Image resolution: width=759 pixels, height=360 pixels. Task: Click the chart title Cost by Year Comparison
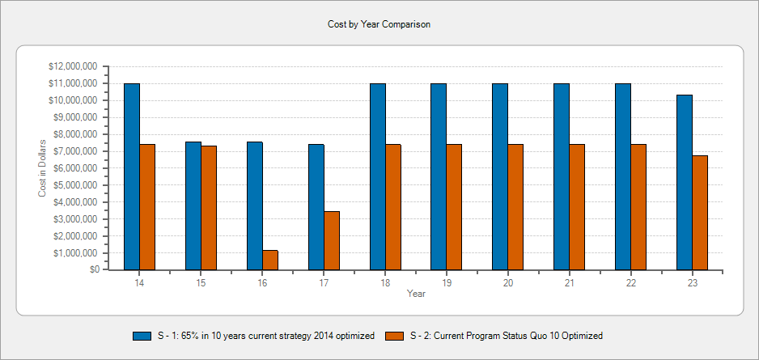point(379,24)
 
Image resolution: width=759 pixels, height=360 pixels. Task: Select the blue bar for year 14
point(132,176)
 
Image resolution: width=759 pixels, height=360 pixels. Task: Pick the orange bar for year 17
point(332,240)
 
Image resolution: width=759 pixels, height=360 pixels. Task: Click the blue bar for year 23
point(685,182)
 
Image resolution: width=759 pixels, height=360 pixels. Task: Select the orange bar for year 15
point(209,208)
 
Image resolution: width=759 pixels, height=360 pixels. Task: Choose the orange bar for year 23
point(700,213)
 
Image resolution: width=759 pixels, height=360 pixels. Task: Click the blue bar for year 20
point(500,176)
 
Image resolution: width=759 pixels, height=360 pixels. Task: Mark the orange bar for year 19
point(454,207)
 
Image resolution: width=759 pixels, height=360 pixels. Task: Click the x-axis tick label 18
point(385,282)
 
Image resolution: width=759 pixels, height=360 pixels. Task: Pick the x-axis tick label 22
point(631,282)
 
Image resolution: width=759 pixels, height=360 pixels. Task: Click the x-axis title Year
point(416,294)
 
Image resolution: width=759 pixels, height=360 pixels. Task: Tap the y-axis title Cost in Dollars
point(42,168)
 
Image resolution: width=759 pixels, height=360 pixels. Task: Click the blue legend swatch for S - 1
point(142,336)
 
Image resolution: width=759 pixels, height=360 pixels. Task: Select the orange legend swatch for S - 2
point(395,336)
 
